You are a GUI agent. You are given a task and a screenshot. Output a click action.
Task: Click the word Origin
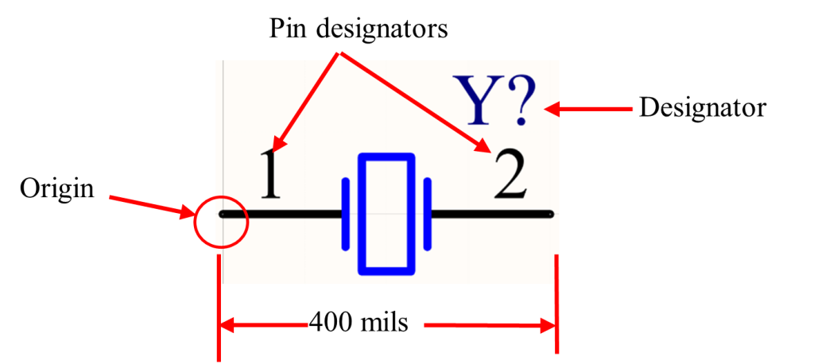(57, 189)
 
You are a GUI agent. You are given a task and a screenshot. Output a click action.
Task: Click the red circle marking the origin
(196, 221)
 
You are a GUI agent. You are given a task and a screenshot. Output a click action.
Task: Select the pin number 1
(270, 175)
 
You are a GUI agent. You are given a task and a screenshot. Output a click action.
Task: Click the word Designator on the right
(703, 109)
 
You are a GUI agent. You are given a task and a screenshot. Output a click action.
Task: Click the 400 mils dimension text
(359, 324)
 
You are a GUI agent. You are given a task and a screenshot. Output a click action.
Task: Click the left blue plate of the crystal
(345, 214)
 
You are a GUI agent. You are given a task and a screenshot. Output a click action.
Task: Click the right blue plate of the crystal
(428, 214)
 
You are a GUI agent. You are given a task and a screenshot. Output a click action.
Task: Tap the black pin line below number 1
(281, 214)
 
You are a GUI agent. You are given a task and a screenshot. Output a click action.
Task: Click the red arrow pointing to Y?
(589, 110)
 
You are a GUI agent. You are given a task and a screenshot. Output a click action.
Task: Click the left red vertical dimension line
(219, 307)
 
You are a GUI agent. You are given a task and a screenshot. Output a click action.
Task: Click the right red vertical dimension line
(557, 304)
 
